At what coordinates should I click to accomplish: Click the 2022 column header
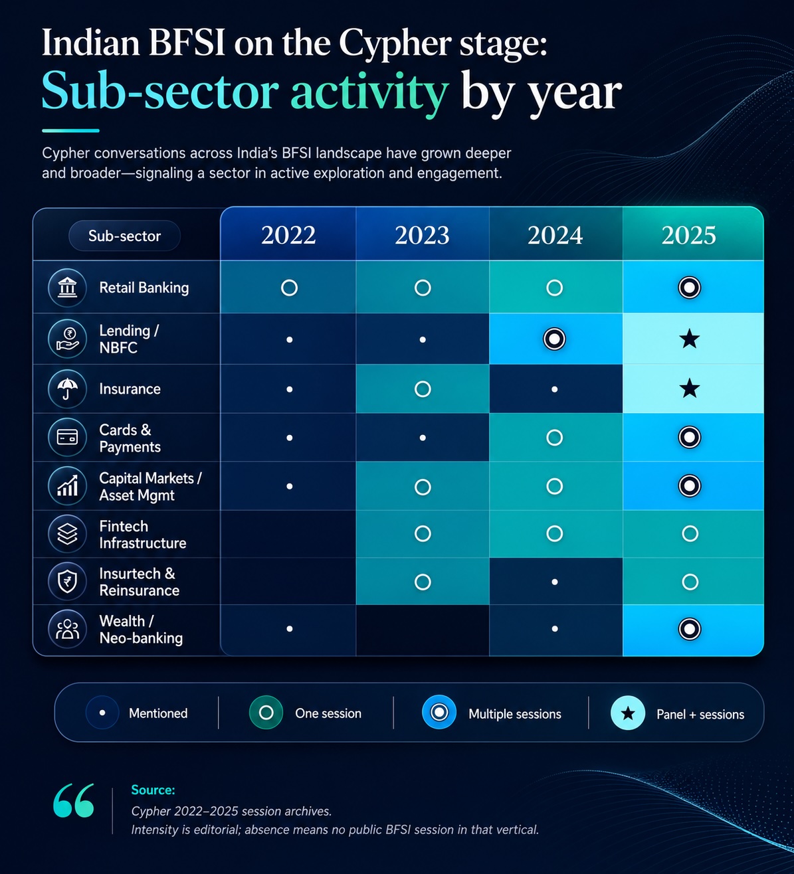(x=288, y=235)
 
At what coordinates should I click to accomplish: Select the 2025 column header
(x=688, y=235)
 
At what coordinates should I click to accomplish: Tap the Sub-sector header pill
(x=125, y=236)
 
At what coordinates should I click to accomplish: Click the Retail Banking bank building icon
(x=67, y=288)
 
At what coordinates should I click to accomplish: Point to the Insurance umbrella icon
(x=68, y=389)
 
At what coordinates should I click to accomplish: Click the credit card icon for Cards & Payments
(x=68, y=437)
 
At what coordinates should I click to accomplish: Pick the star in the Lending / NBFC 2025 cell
(x=690, y=339)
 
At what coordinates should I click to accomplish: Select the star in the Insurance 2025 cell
(x=690, y=389)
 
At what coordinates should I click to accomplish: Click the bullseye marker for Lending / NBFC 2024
(x=554, y=339)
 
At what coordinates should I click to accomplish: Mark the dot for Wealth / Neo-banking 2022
(x=290, y=629)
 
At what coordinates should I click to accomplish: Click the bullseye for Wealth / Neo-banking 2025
(x=690, y=629)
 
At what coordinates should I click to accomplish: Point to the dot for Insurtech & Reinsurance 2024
(x=555, y=582)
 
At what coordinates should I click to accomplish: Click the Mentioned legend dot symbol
(x=102, y=713)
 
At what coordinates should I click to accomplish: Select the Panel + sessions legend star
(x=628, y=713)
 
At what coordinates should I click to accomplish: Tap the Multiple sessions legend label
(x=514, y=714)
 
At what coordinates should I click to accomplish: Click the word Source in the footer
(x=153, y=790)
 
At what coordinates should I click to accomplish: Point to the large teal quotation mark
(x=73, y=800)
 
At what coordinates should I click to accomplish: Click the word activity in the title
(x=369, y=92)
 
